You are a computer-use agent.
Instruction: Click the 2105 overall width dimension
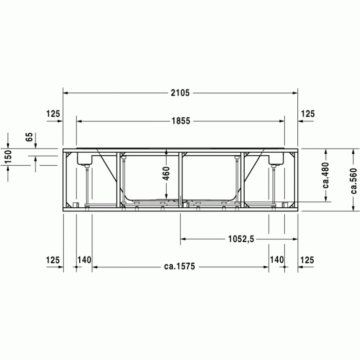(x=181, y=93)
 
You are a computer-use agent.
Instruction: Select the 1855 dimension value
(x=181, y=121)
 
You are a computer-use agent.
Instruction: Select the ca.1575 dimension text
(x=181, y=267)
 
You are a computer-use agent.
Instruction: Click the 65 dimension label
(x=29, y=137)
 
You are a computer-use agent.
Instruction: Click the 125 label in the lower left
(x=53, y=260)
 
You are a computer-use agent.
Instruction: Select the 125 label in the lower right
(x=308, y=260)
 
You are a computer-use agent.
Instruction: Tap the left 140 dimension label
(x=84, y=260)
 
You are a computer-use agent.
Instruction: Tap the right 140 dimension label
(x=277, y=260)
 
